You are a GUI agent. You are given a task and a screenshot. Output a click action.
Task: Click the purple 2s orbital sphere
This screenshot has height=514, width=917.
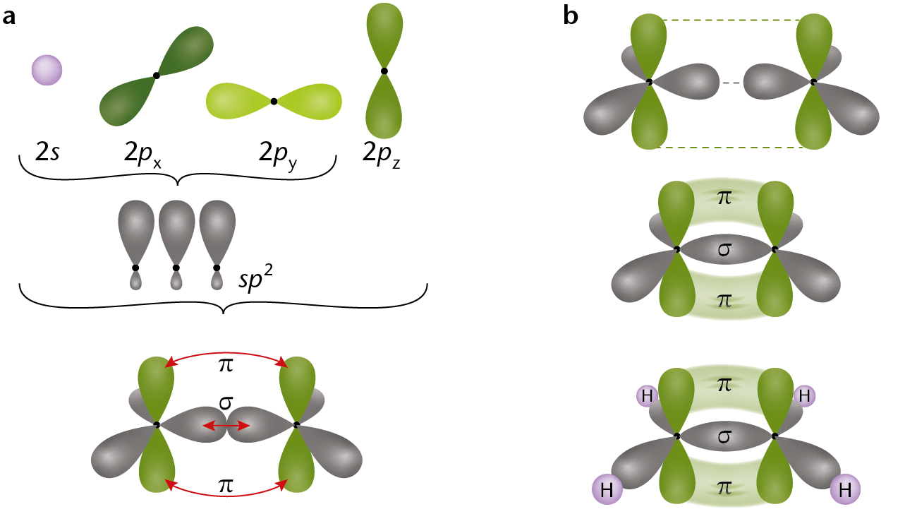(x=47, y=70)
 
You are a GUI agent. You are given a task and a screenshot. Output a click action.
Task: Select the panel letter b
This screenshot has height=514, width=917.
(x=571, y=16)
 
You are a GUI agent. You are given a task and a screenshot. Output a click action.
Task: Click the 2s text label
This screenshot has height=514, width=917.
(x=47, y=152)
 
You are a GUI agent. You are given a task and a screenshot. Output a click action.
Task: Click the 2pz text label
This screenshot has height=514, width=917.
(x=381, y=155)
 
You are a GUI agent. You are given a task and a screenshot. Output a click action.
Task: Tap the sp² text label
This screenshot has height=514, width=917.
(x=255, y=278)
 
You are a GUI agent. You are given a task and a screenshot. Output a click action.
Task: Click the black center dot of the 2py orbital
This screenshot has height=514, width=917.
(x=274, y=102)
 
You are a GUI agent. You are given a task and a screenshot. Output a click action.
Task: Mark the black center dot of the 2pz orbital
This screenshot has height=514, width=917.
(x=384, y=71)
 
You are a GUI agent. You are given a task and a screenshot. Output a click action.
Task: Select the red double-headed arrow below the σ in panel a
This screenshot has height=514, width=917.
(x=226, y=426)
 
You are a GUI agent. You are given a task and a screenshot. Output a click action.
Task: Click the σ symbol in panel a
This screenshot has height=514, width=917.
(x=226, y=403)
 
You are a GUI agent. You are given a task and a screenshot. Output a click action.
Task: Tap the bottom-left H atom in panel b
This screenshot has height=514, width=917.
(x=607, y=489)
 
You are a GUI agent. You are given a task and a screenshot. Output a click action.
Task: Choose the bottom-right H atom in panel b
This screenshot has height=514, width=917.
(x=845, y=489)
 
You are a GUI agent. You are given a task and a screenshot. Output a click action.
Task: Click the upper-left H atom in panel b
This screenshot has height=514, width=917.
(x=648, y=396)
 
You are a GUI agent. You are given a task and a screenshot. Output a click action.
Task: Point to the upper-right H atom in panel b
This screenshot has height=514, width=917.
(x=804, y=396)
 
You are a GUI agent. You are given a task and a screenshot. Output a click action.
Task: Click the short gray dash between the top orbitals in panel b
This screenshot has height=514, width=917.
(x=731, y=83)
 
